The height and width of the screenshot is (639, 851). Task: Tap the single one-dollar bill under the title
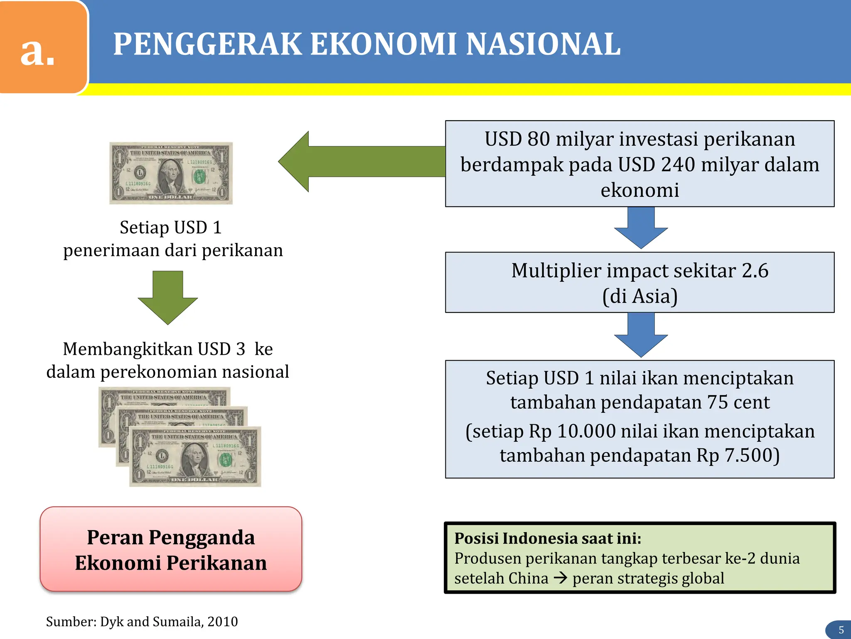tap(171, 173)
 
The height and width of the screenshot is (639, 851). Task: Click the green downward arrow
tap(167, 297)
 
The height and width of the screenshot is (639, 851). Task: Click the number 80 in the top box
tap(539, 139)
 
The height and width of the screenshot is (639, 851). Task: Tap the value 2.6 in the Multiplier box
tap(755, 271)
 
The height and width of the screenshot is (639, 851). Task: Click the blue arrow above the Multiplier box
tap(641, 228)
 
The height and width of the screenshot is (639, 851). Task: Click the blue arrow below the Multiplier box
tap(641, 334)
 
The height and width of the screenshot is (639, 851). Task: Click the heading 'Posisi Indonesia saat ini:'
tap(548, 538)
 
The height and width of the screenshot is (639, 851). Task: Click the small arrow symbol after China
tap(561, 578)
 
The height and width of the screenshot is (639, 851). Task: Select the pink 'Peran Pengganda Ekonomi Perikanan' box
tap(171, 549)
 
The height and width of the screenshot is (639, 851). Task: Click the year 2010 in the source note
tap(223, 622)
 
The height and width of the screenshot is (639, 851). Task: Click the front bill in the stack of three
tap(195, 456)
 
